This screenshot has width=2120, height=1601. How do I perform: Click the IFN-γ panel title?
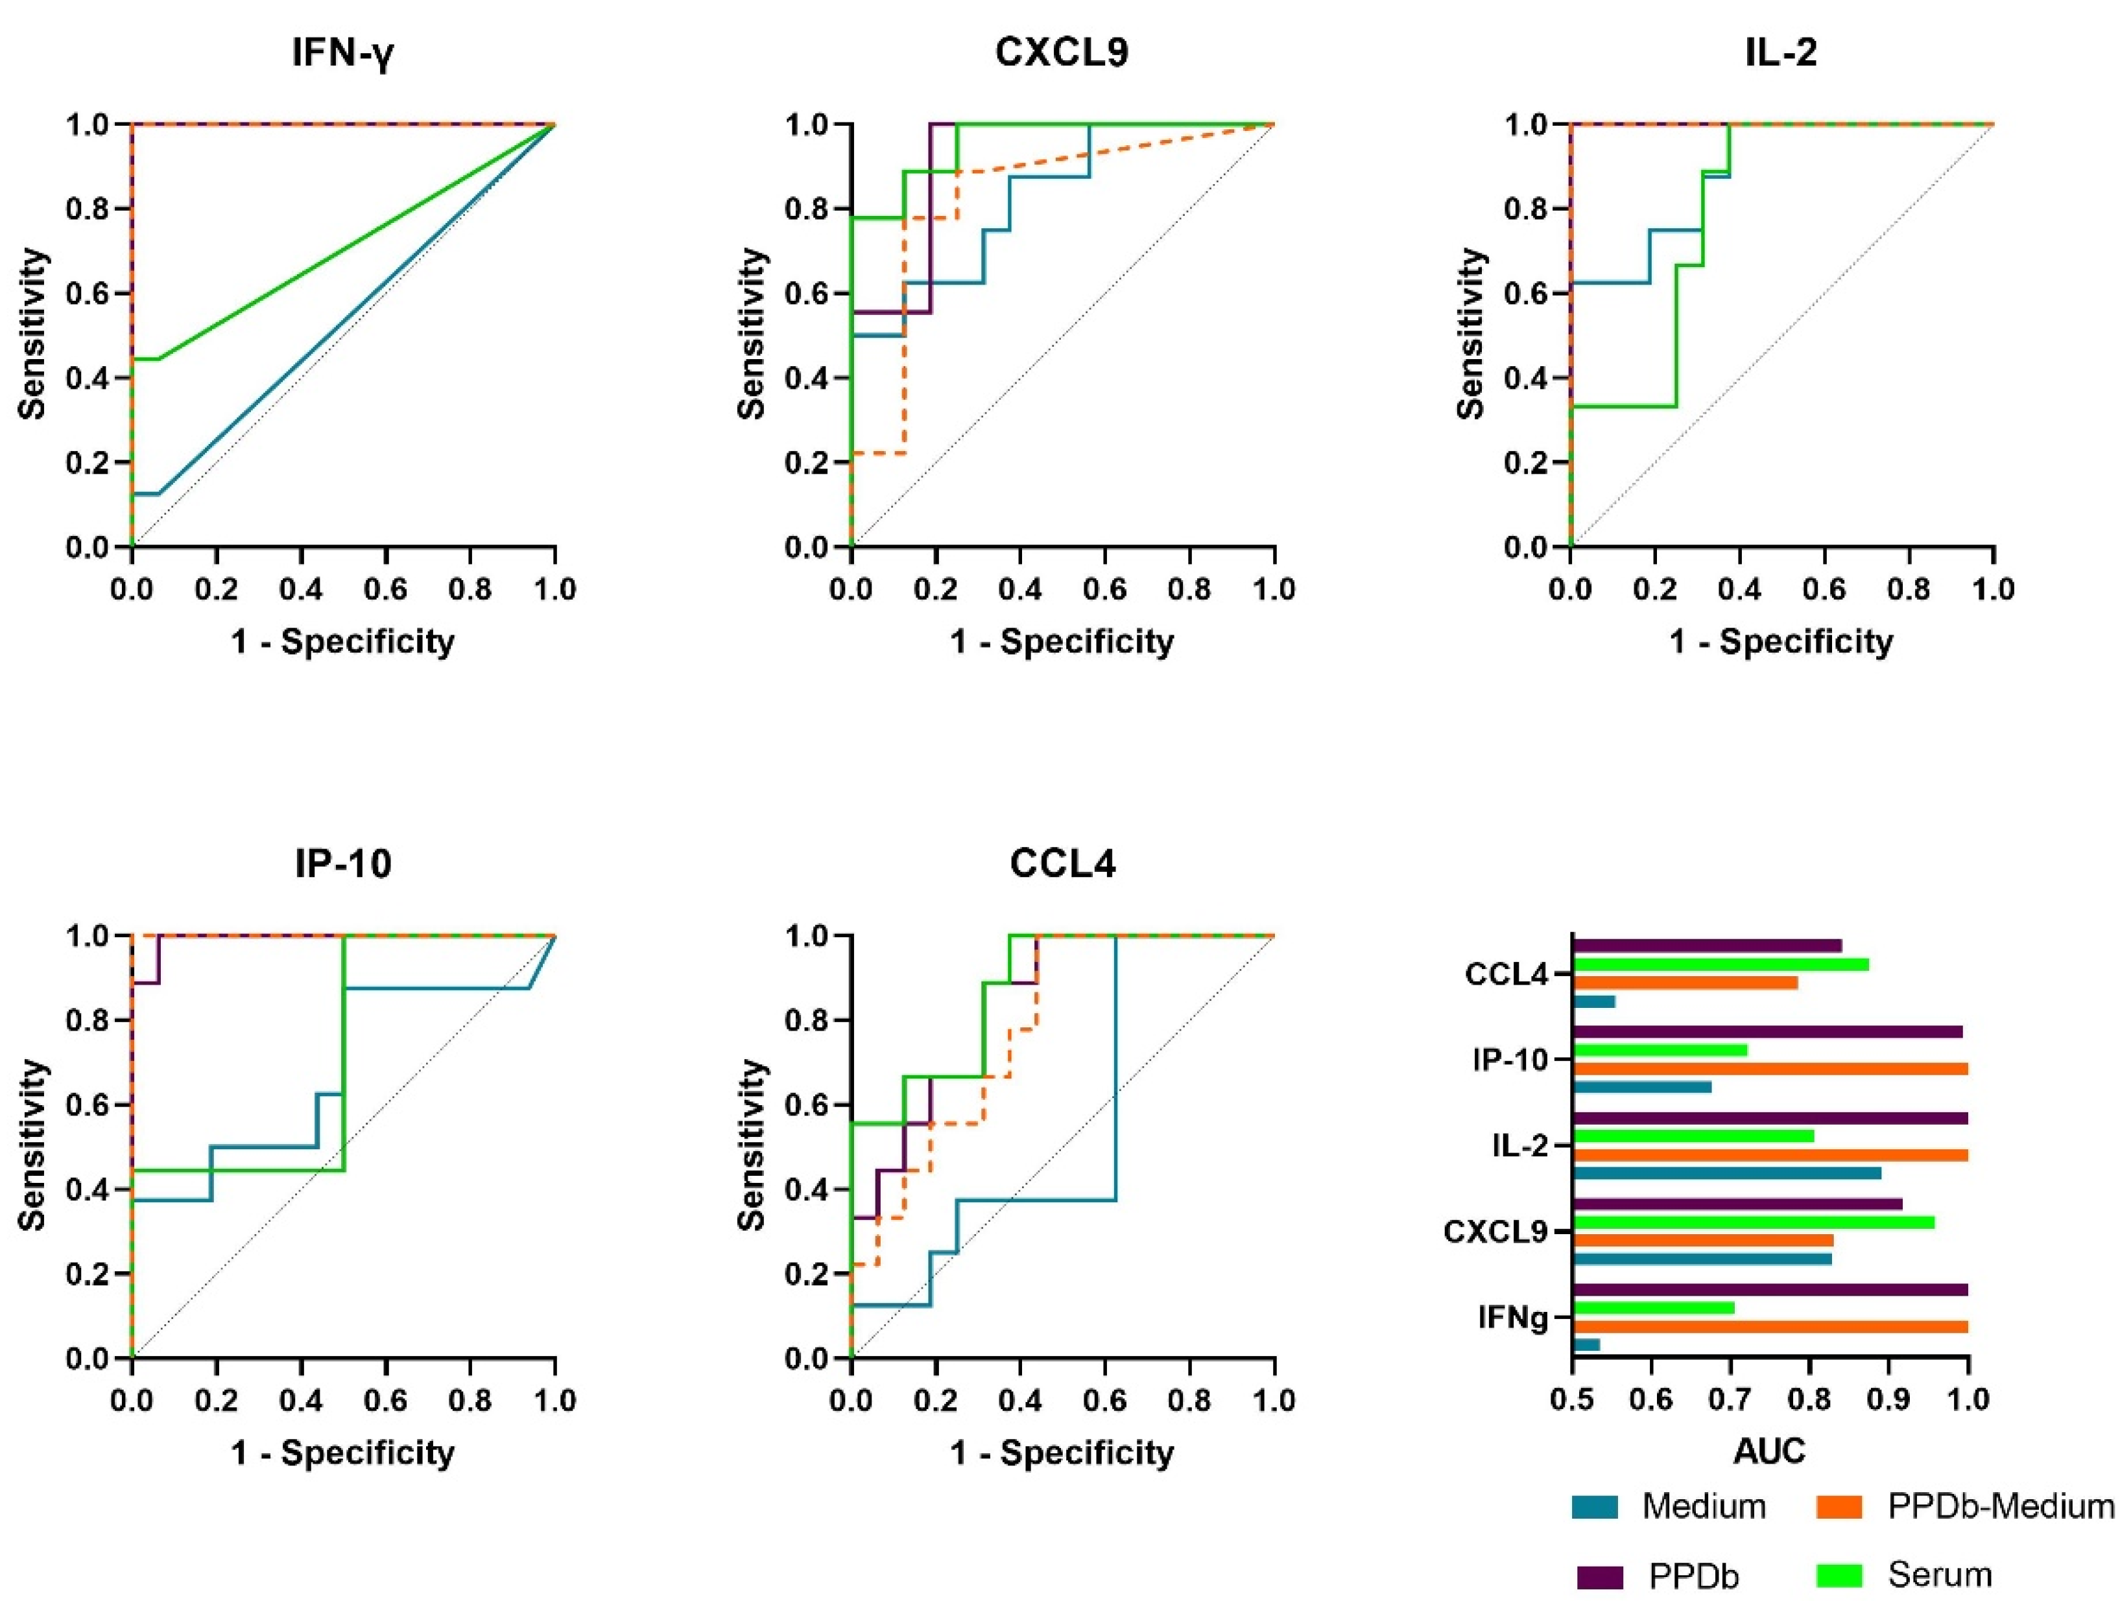tap(343, 53)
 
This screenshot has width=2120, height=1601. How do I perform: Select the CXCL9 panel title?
tap(1062, 52)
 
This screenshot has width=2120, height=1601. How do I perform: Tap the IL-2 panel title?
tap(1781, 52)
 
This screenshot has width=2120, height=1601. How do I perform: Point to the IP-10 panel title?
tap(343, 863)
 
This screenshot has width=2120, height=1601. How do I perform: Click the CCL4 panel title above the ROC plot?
tap(1063, 863)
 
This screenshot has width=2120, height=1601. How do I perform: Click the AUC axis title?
tap(1769, 1451)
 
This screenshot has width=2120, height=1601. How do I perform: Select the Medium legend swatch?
tap(1595, 1507)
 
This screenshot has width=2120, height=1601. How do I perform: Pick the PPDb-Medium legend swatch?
tap(1839, 1507)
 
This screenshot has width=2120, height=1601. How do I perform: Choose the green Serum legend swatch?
tap(1839, 1575)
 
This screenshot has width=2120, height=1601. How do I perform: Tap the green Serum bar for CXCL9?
tap(1754, 1222)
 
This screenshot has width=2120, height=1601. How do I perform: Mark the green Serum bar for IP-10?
tap(1661, 1050)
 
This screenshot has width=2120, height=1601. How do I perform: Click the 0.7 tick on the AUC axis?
tap(1730, 1401)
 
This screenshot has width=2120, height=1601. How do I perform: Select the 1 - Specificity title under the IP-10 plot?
tap(343, 1453)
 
